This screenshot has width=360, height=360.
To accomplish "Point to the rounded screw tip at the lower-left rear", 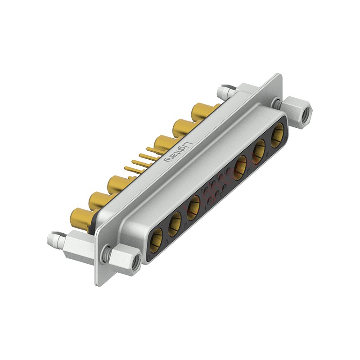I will (x=52, y=239).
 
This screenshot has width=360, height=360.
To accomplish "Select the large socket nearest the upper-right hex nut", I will (x=277, y=135).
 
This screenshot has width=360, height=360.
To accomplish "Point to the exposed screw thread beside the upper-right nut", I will (x=279, y=104).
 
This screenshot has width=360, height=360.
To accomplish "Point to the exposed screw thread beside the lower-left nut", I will (x=107, y=255).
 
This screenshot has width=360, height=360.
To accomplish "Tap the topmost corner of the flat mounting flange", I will (x=280, y=74).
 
